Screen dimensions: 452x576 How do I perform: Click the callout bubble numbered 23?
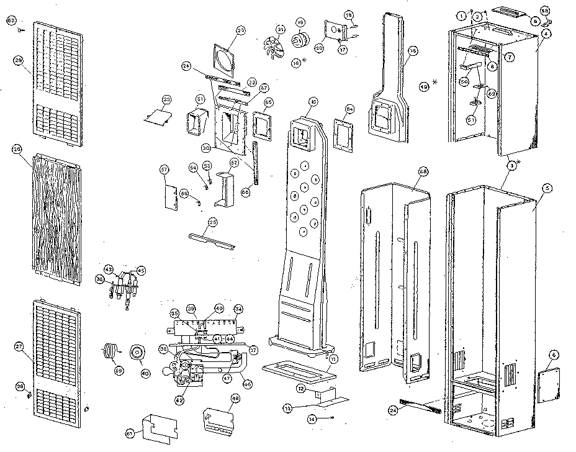[241, 30]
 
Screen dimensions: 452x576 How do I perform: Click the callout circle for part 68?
[423, 171]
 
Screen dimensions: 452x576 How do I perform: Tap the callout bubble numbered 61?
[129, 433]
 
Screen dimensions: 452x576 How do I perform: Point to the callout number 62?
[11, 20]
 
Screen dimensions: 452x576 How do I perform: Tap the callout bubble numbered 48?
[235, 399]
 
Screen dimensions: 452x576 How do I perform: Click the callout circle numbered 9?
[534, 20]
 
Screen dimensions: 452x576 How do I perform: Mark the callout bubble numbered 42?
[179, 400]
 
